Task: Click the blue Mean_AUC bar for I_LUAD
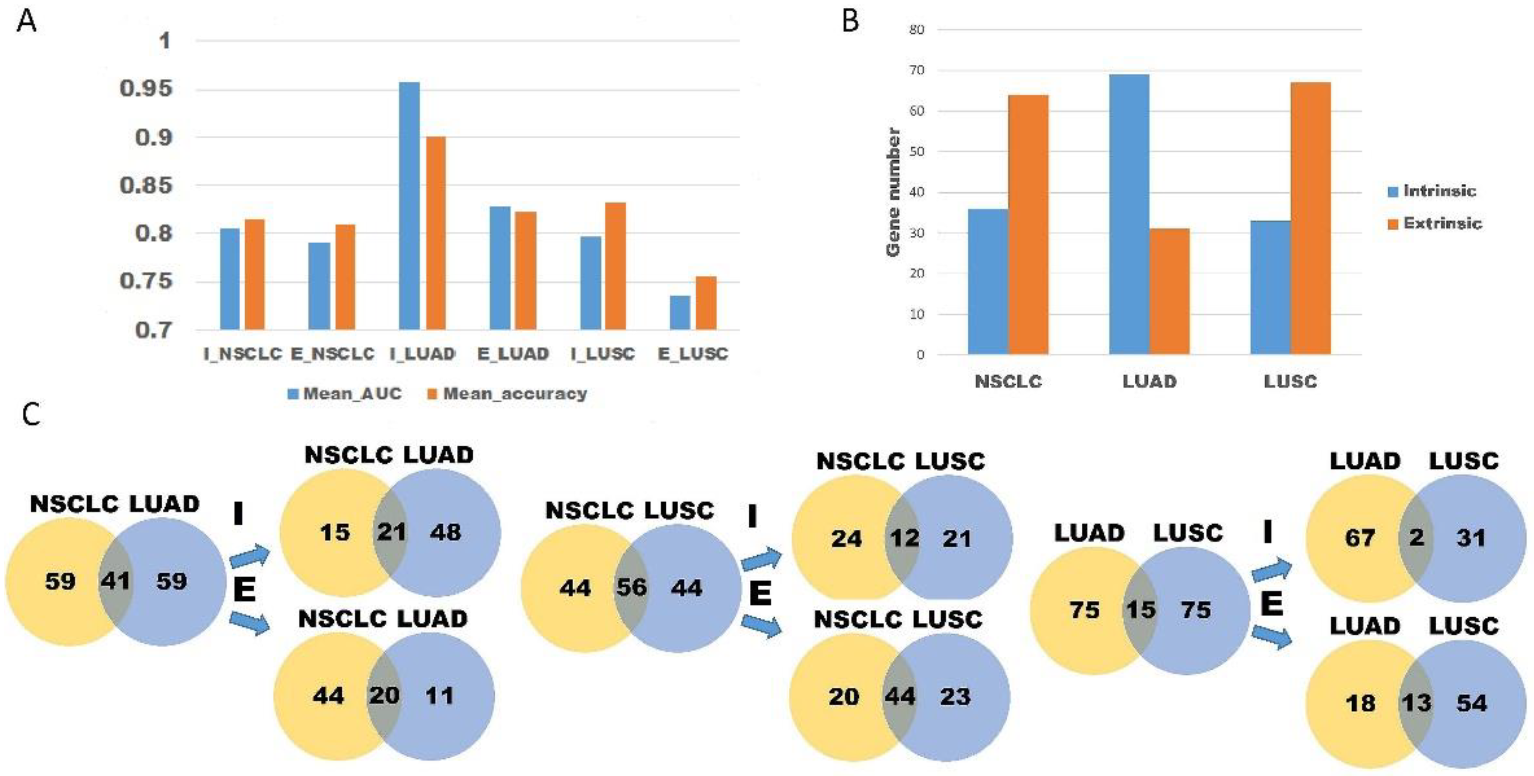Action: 409,205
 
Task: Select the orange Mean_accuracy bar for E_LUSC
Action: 706,303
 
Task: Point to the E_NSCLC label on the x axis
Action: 332,354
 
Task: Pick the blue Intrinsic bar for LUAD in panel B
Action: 1129,214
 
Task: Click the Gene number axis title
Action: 893,192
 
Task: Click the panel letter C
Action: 31,414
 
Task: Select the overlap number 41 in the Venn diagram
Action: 115,580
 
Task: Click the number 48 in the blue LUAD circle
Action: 446,532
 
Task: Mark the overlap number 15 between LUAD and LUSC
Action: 1140,609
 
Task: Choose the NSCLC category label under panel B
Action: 1008,381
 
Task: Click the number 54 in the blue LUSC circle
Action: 1472,703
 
